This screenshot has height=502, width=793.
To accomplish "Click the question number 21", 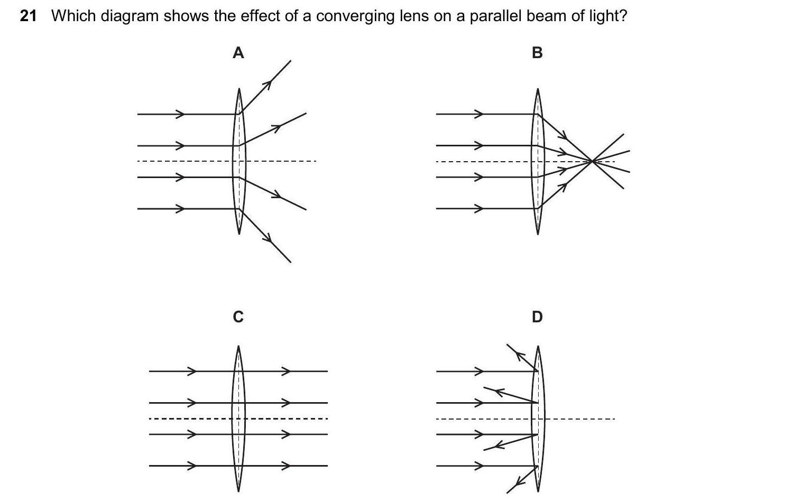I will [x=28, y=16].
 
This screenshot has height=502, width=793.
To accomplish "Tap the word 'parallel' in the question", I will [x=492, y=16].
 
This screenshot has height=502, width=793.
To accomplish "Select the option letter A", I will [x=238, y=53].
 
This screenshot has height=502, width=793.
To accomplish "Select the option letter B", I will [x=537, y=53].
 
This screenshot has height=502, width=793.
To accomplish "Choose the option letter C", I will [x=238, y=317].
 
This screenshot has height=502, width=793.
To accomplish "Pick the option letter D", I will [x=537, y=317].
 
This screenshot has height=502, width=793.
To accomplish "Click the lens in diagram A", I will [x=239, y=161].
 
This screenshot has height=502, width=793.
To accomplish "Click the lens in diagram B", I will [x=538, y=161].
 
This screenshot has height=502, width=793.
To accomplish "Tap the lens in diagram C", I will [x=238, y=419].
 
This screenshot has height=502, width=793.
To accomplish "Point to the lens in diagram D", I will [x=538, y=419].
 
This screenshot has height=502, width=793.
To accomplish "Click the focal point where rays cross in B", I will [x=593, y=161].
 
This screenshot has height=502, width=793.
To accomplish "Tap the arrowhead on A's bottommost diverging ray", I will [x=270, y=239].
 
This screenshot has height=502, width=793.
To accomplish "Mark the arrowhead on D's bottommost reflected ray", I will [x=520, y=481].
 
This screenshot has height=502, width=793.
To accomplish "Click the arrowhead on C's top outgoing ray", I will [x=286, y=371].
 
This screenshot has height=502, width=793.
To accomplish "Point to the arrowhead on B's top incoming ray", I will [x=479, y=114].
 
